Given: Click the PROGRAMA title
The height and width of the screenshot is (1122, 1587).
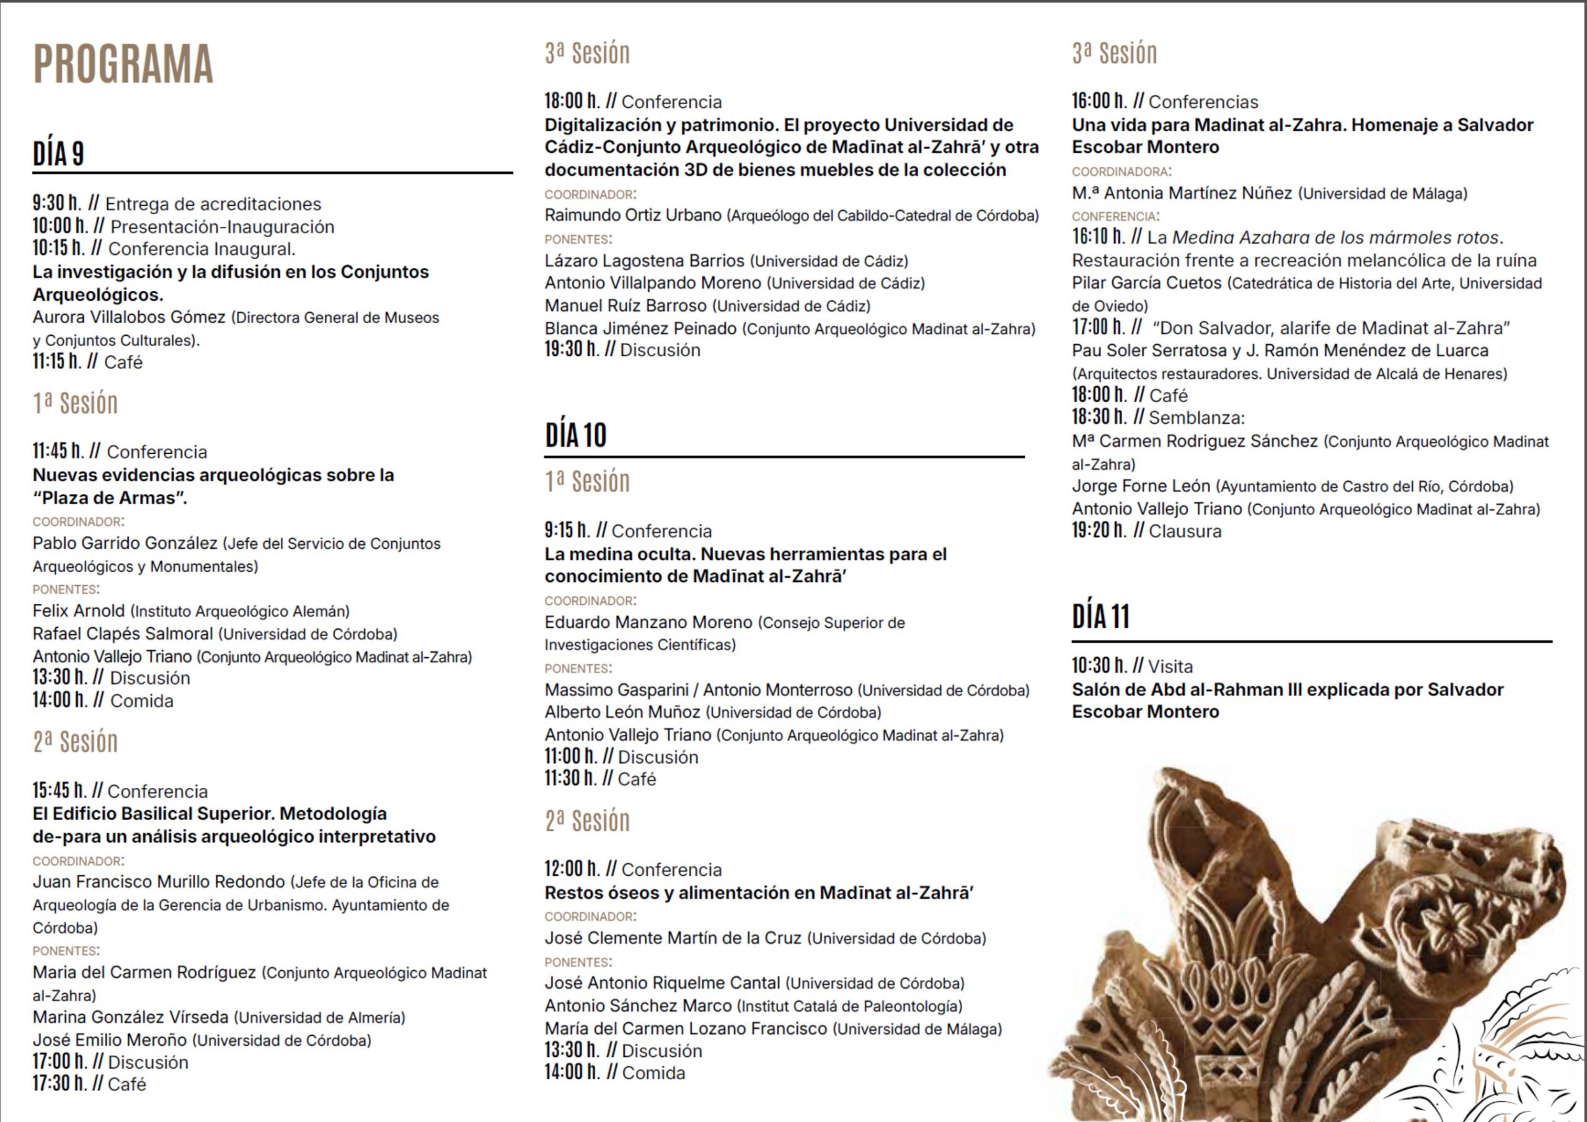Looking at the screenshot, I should coord(123,64).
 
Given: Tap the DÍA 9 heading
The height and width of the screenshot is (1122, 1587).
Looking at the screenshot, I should coord(58,154).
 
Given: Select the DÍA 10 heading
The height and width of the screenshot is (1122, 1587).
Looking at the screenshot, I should coord(575,436).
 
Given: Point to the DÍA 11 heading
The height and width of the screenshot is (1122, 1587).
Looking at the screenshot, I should coord(1100,617).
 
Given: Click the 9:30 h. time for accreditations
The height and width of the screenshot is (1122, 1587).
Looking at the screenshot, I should coord(56,203).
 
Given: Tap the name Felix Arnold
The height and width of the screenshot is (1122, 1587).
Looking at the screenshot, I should coord(79,611).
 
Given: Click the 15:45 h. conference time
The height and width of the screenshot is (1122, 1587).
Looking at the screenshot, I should coord(60,790).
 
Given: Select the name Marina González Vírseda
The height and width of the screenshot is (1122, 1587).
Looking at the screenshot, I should coord(131,1017).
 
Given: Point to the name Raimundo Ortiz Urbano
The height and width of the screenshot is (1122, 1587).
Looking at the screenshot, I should coord(632,215).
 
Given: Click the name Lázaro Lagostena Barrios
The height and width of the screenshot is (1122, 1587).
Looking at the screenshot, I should coord(644,260).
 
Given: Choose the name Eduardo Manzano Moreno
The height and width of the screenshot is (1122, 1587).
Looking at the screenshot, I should coord(648,622).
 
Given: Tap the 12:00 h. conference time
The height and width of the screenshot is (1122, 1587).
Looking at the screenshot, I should coord(572,869).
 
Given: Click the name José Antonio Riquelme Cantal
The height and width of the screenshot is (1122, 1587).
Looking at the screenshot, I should coord(662,983).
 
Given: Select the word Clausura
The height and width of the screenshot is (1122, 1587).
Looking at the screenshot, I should coord(1185,531).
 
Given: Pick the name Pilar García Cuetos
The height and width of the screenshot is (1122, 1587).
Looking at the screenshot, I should coord(1147,283).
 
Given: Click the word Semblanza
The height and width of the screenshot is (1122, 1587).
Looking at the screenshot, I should coord(1196,418).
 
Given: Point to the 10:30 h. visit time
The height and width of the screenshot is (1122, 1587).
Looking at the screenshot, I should coord(1099,666).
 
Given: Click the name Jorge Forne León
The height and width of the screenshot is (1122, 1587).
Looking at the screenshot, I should coord(1141,486).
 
